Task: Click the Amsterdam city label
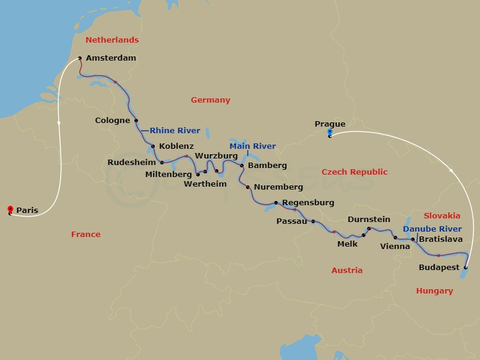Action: (111, 58)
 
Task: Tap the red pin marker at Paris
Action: (10, 209)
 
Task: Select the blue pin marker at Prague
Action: (329, 133)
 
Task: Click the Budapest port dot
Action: (466, 268)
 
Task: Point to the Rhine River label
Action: (175, 130)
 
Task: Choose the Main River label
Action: (253, 146)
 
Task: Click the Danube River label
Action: (432, 229)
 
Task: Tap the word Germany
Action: (210, 100)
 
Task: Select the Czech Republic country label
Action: (354, 172)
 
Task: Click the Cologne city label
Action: (112, 121)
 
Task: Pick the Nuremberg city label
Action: (278, 187)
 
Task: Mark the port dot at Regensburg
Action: (276, 203)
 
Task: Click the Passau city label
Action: (291, 221)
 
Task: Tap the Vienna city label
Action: (395, 246)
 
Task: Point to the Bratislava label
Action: (440, 239)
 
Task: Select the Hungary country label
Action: (434, 291)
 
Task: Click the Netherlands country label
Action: (112, 40)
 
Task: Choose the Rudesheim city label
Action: (132, 162)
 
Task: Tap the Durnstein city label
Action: (368, 220)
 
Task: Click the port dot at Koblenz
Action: (153, 146)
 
